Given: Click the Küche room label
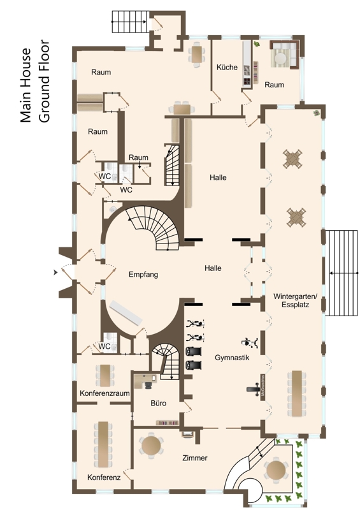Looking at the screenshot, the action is tap(227, 68).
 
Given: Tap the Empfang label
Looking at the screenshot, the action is tap(143, 275).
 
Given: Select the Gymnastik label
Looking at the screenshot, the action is tap(232, 358).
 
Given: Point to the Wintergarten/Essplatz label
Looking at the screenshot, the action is tap(295, 300).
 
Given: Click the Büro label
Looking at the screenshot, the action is tap(159, 404).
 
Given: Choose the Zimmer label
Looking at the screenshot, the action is tap(195, 458).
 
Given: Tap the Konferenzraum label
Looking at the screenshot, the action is tap(104, 393).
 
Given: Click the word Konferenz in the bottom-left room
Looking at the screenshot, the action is tap(104, 477).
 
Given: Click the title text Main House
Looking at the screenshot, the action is tap(25, 85).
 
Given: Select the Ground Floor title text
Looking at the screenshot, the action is tap(44, 82).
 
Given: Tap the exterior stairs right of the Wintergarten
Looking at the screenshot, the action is tap(342, 273).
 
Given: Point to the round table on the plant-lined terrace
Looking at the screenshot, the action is tap(276, 470).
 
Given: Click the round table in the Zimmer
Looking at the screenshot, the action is tap(151, 446).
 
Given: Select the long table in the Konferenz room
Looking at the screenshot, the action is tap(103, 444).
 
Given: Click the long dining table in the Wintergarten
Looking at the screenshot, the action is tap(296, 393).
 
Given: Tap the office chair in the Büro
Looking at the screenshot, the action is tap(148, 386).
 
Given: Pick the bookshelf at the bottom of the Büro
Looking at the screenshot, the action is tap(168, 423).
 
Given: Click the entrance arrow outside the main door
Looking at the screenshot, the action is tap(55, 272).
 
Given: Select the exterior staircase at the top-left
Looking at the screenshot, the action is tap(129, 22).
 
